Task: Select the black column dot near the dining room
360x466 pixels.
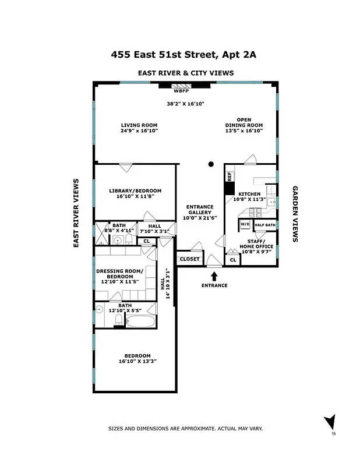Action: pos(211,165)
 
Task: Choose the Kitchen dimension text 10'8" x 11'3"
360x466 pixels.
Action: pos(249,199)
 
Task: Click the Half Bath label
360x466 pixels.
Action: pos(265,224)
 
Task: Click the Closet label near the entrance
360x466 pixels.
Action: pos(189,259)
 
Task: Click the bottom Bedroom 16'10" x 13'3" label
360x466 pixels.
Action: pos(137,359)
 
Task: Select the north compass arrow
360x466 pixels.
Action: pos(330,422)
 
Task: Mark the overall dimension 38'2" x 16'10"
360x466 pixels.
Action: pos(186,104)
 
